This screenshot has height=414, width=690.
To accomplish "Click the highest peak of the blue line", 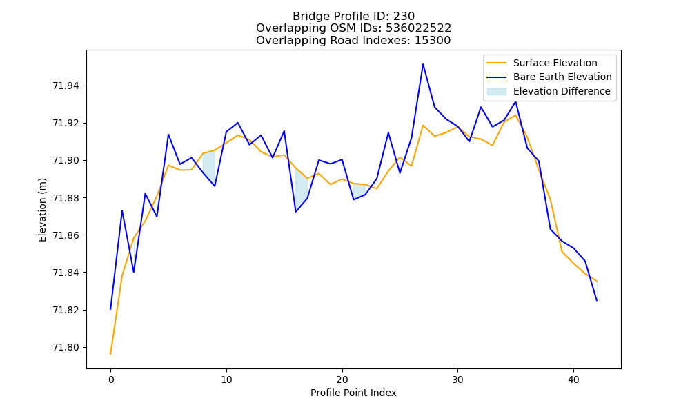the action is tap(423, 64).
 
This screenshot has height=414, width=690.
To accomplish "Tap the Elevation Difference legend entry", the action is tap(549, 92).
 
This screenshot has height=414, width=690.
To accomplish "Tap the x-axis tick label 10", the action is tap(226, 379).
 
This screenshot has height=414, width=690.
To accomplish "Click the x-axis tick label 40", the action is tap(573, 379).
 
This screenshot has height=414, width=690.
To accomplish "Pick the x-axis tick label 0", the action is tap(111, 379).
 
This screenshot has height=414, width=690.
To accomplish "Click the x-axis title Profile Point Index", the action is tap(353, 393).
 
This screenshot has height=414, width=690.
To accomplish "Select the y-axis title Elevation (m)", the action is tap(42, 210).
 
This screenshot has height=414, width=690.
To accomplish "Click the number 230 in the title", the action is tap(404, 17).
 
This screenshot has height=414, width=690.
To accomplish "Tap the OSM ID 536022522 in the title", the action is tap(419, 28).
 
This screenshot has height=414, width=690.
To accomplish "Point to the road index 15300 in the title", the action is tap(433, 41).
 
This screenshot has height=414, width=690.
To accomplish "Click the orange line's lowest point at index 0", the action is tap(110, 354).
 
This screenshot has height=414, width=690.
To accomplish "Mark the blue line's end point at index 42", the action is tap(597, 300).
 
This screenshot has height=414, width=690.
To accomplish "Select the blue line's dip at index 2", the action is tap(134, 272).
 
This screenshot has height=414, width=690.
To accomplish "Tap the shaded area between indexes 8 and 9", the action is tap(209, 166).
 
